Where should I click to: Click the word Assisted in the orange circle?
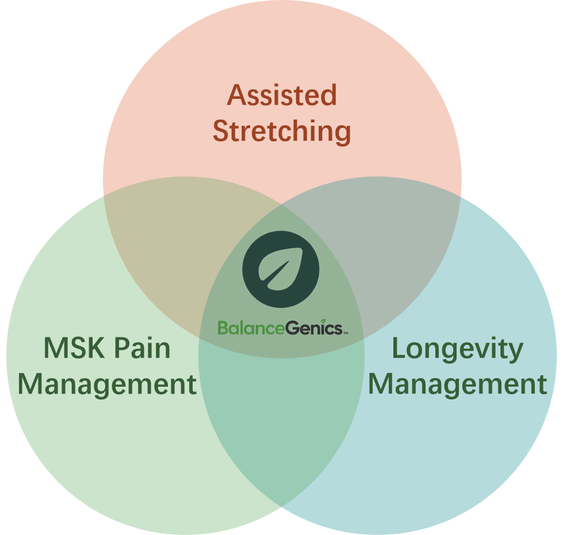pyautogui.click(x=282, y=95)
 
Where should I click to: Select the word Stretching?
pyautogui.click(x=282, y=132)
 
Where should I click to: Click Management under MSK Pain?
pyautogui.click(x=108, y=384)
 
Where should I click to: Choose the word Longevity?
pyautogui.click(x=457, y=348)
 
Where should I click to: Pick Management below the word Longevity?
pyautogui.click(x=457, y=384)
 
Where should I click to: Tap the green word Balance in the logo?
pyautogui.click(x=251, y=328)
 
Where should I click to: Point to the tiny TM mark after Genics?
pyautogui.click(x=345, y=332)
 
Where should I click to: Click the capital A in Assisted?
pyautogui.click(x=236, y=95)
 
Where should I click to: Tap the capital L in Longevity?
pyautogui.click(x=398, y=348)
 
